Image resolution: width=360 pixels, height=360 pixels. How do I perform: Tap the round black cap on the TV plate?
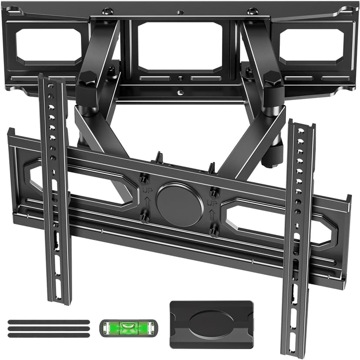[x=180, y=204]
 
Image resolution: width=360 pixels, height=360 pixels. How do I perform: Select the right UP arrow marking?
[x=213, y=203]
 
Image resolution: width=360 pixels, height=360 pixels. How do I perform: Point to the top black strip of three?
[x=49, y=322]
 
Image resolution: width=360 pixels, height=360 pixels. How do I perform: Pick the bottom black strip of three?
[x=49, y=335]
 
